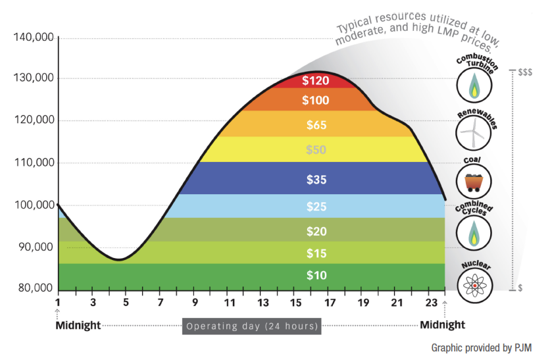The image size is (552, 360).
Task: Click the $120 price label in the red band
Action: click(315, 81)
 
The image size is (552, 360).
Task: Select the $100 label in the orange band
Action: click(315, 101)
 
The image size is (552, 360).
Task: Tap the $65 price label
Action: click(316, 125)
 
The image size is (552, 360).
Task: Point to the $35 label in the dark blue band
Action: click(316, 180)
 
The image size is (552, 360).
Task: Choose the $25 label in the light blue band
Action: click(316, 207)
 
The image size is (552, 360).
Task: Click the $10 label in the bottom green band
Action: click(316, 275)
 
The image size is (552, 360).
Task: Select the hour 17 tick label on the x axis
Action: click(330, 303)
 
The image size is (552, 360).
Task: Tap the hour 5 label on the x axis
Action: click(126, 303)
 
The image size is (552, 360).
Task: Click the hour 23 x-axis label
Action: click(432, 303)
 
